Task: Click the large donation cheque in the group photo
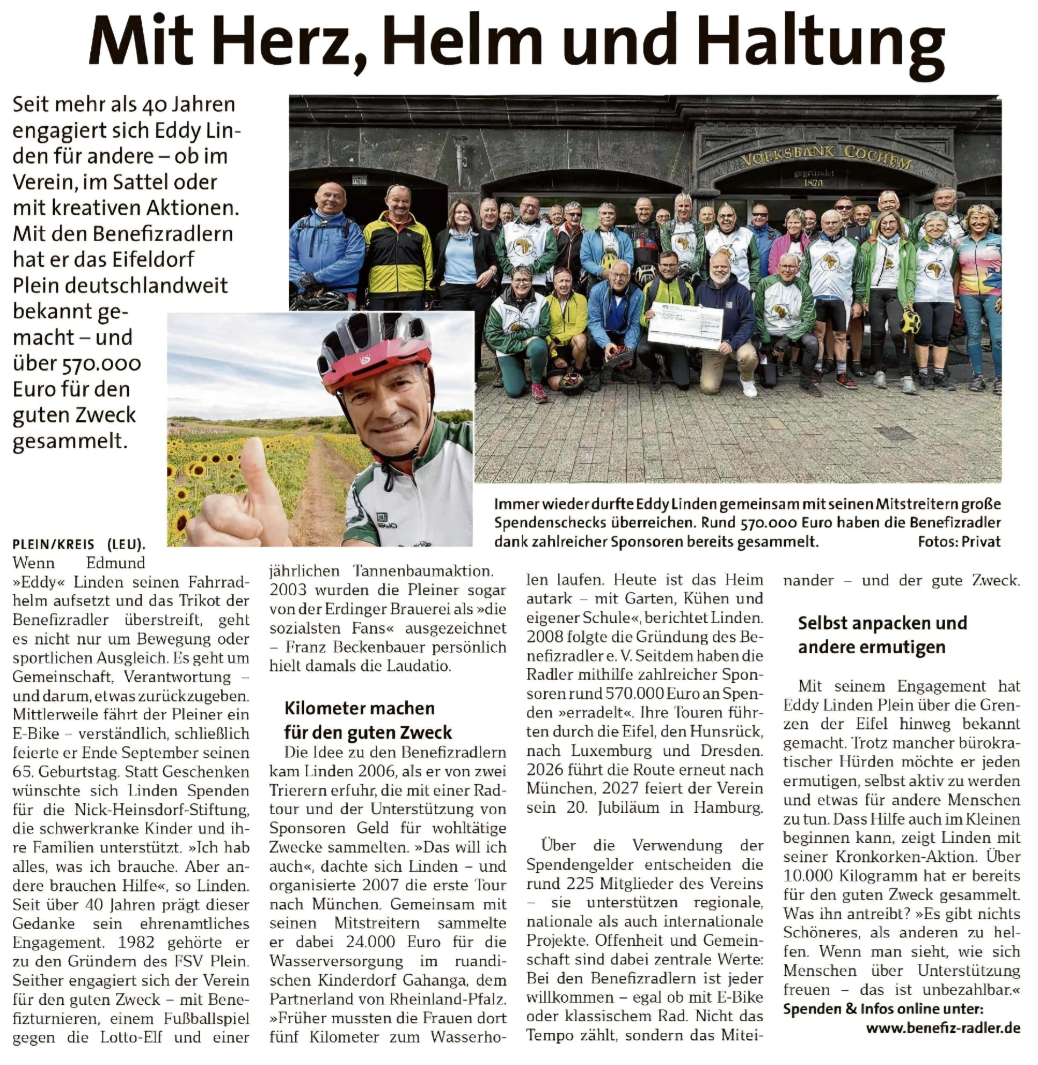click(684, 324)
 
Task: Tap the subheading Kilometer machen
click(359, 708)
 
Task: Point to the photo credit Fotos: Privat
click(959, 542)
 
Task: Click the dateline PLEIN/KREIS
click(54, 544)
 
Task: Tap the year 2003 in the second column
click(289, 590)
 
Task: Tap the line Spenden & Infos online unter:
click(883, 1009)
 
